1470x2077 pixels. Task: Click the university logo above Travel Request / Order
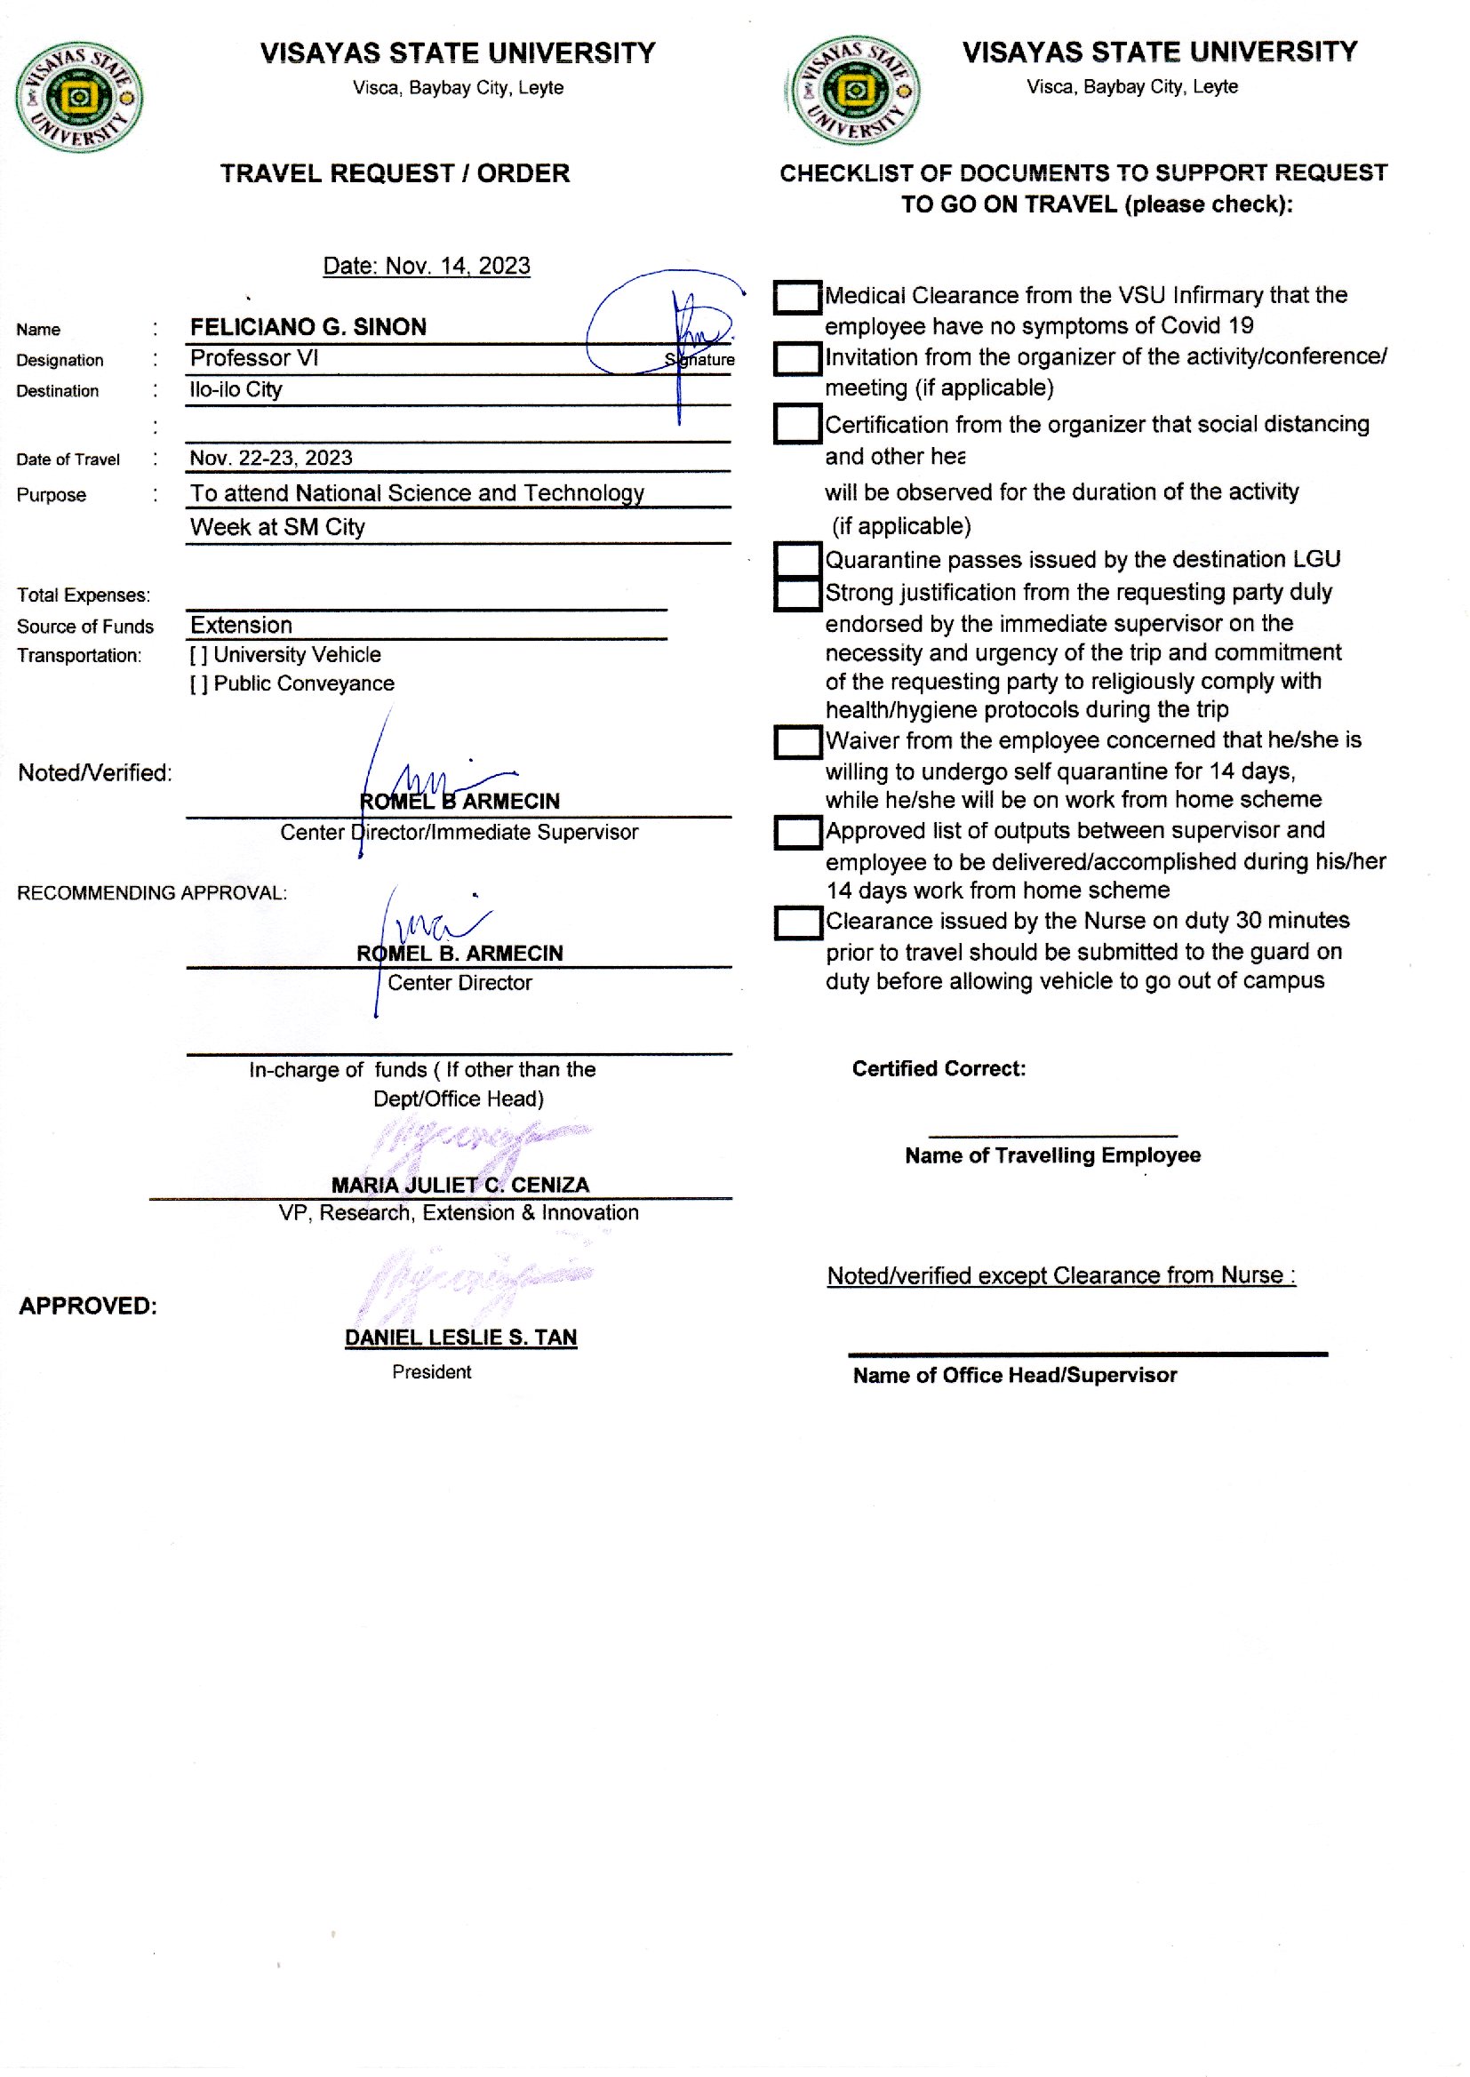click(x=79, y=97)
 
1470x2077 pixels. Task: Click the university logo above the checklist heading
click(x=854, y=91)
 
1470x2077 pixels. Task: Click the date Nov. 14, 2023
click(x=427, y=266)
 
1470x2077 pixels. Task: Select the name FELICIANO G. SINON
click(x=308, y=327)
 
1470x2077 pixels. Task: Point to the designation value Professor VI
click(x=254, y=358)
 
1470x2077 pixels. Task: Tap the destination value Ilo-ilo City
click(x=236, y=390)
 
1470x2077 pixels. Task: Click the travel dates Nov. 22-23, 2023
click(x=271, y=458)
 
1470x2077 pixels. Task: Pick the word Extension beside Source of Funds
click(x=241, y=626)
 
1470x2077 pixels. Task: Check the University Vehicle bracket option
click(x=198, y=655)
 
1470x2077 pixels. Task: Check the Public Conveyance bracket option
click(x=198, y=684)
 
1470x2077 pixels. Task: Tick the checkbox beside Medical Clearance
click(x=797, y=298)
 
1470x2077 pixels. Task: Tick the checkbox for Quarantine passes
click(x=797, y=559)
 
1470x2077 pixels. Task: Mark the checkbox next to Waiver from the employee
click(x=797, y=743)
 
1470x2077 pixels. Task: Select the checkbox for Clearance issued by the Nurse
click(x=797, y=923)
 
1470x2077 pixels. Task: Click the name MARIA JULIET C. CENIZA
click(x=459, y=1185)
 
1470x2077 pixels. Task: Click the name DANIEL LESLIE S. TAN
click(x=460, y=1337)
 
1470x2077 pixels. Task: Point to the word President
click(x=432, y=1372)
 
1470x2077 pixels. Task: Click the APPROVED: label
click(x=88, y=1306)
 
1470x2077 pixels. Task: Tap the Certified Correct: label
click(x=939, y=1069)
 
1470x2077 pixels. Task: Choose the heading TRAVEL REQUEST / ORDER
click(x=395, y=174)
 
